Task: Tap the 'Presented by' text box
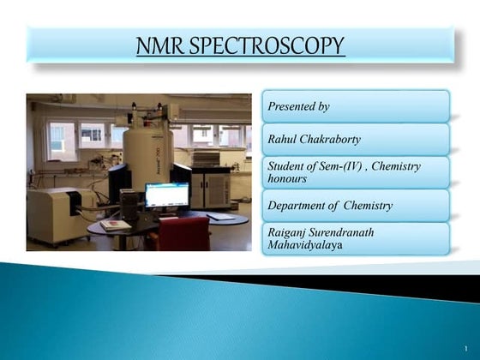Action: coord(355,107)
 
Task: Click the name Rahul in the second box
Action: coord(286,139)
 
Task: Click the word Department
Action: coord(299,206)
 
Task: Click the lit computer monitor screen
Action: coord(166,195)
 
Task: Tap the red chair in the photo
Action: coord(182,233)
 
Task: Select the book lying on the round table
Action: coord(115,225)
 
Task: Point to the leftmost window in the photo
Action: coord(61,137)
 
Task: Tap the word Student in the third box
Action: coord(291,166)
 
